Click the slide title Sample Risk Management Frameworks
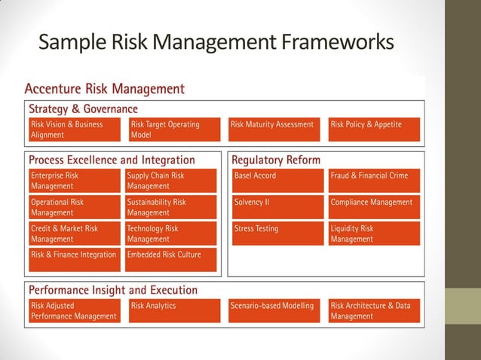tap(216, 41)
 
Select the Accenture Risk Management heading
tap(105, 89)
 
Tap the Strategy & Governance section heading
tap(83, 109)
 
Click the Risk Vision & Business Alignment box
tap(75, 130)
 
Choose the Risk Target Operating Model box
tap(174, 130)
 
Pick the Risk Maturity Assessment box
tap(274, 130)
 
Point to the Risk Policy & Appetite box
tap(374, 130)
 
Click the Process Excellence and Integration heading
tap(112, 160)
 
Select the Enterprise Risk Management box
tap(75, 181)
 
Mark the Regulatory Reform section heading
tap(276, 160)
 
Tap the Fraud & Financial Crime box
tap(374, 181)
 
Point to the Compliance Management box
tap(374, 207)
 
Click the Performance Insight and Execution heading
tap(113, 290)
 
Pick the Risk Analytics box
tap(174, 311)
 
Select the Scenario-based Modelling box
tap(274, 311)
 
